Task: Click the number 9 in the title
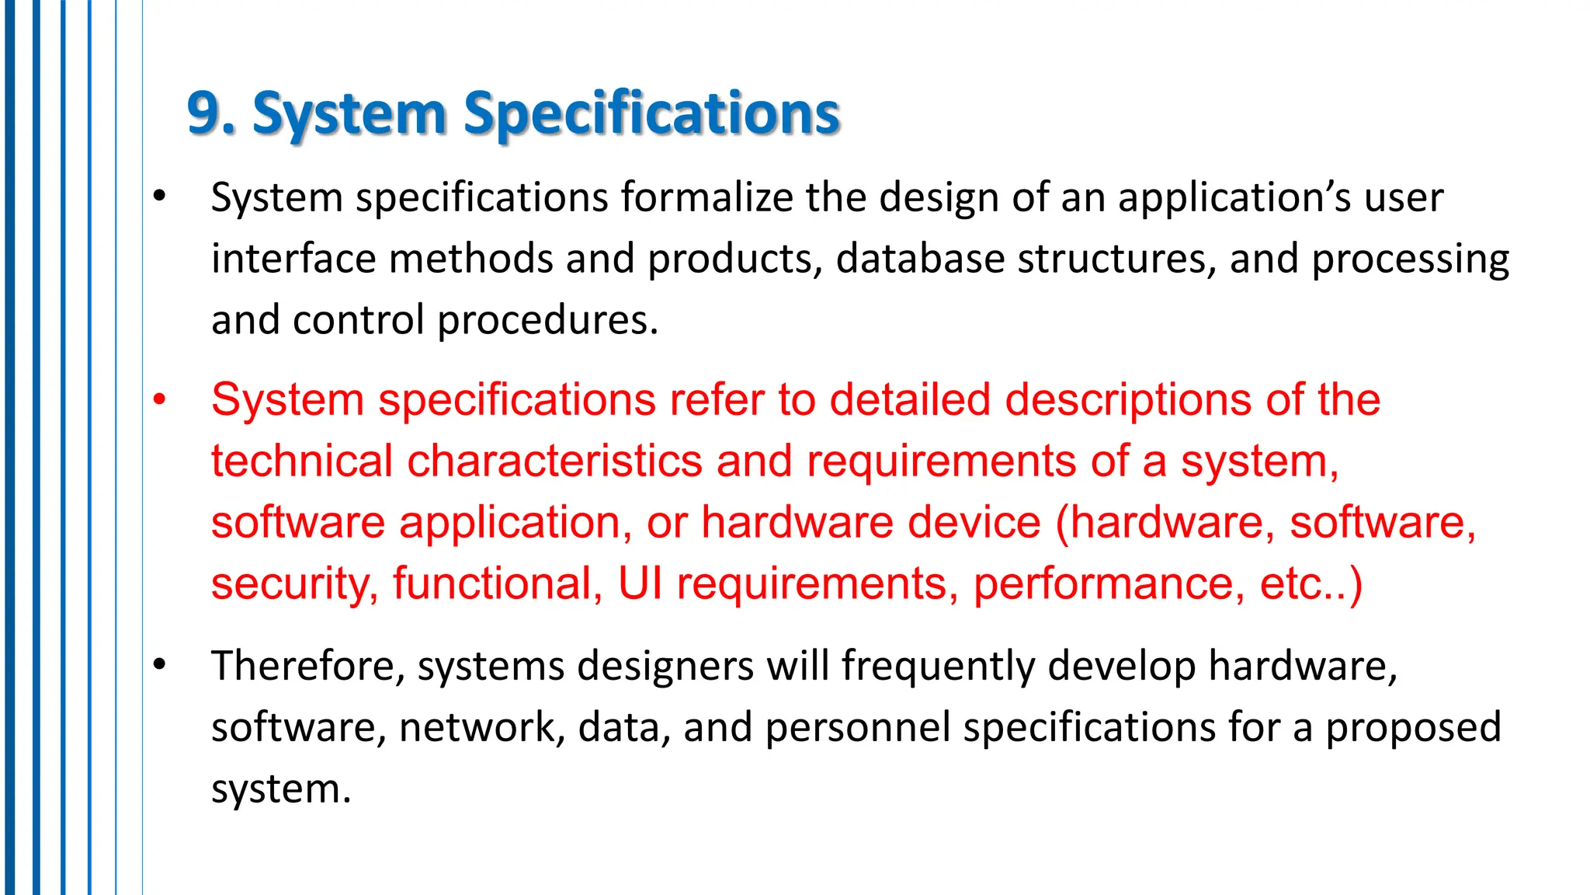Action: click(x=204, y=113)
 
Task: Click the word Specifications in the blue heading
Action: click(x=651, y=113)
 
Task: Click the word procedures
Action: click(x=547, y=320)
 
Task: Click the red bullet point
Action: click(x=160, y=400)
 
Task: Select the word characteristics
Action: click(x=555, y=461)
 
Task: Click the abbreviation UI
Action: click(x=641, y=583)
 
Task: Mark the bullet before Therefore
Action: click(x=160, y=664)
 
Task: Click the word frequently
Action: click(x=938, y=666)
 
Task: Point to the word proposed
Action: click(x=1413, y=727)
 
